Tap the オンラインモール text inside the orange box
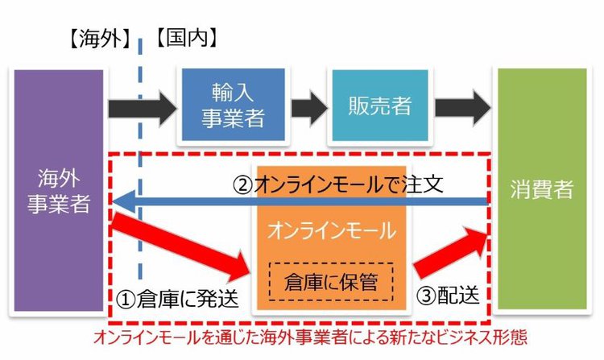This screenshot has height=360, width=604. (x=332, y=231)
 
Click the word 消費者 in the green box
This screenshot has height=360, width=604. (x=541, y=190)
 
